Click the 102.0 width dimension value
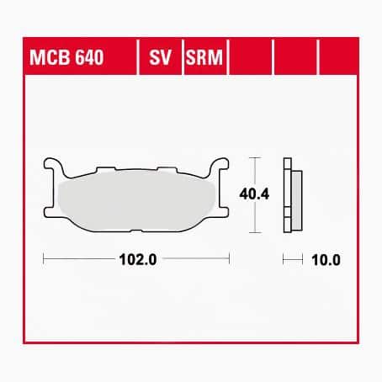pyautogui.click(x=137, y=260)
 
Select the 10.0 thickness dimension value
pyautogui.click(x=326, y=260)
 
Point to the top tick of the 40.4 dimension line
pyautogui.click(x=254, y=158)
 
